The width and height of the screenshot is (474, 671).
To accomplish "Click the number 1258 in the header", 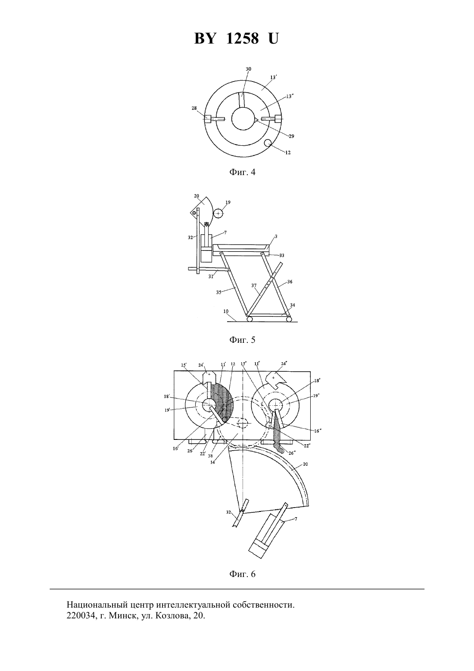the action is (242, 39).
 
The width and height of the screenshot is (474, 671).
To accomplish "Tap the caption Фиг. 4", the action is (242, 172).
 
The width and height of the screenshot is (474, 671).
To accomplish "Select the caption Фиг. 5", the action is (242, 340).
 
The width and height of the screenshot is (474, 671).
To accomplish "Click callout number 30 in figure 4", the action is (248, 69).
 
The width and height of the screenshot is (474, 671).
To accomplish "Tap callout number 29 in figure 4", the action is (291, 136).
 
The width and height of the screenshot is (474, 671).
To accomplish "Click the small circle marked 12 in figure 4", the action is (268, 143).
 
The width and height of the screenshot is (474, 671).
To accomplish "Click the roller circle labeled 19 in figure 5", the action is (218, 213).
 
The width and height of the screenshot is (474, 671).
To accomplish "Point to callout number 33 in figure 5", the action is (281, 256).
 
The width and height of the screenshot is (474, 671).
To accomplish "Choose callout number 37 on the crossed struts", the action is (254, 286).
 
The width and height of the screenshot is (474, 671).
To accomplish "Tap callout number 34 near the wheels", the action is (292, 305).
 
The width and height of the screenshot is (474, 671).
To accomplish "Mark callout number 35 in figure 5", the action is (219, 292).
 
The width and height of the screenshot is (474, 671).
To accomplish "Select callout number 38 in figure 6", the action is (210, 456).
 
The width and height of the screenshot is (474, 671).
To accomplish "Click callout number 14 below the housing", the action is (213, 462).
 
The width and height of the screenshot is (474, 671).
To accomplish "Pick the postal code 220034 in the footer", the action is (80, 641).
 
